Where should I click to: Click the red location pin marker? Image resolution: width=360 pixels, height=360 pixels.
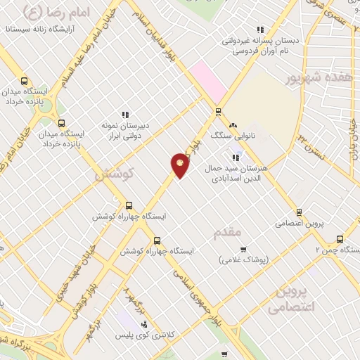point(180,166)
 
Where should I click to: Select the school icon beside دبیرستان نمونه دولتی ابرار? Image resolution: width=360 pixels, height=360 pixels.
point(125,115)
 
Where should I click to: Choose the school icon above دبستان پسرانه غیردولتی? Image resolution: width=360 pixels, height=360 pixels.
point(260,30)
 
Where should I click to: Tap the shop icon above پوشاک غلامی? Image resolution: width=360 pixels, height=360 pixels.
point(243,249)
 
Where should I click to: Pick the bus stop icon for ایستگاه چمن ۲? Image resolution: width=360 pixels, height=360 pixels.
point(341,238)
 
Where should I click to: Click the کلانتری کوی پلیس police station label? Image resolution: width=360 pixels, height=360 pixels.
point(145,335)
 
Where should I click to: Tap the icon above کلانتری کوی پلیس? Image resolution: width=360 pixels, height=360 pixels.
point(144,324)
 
